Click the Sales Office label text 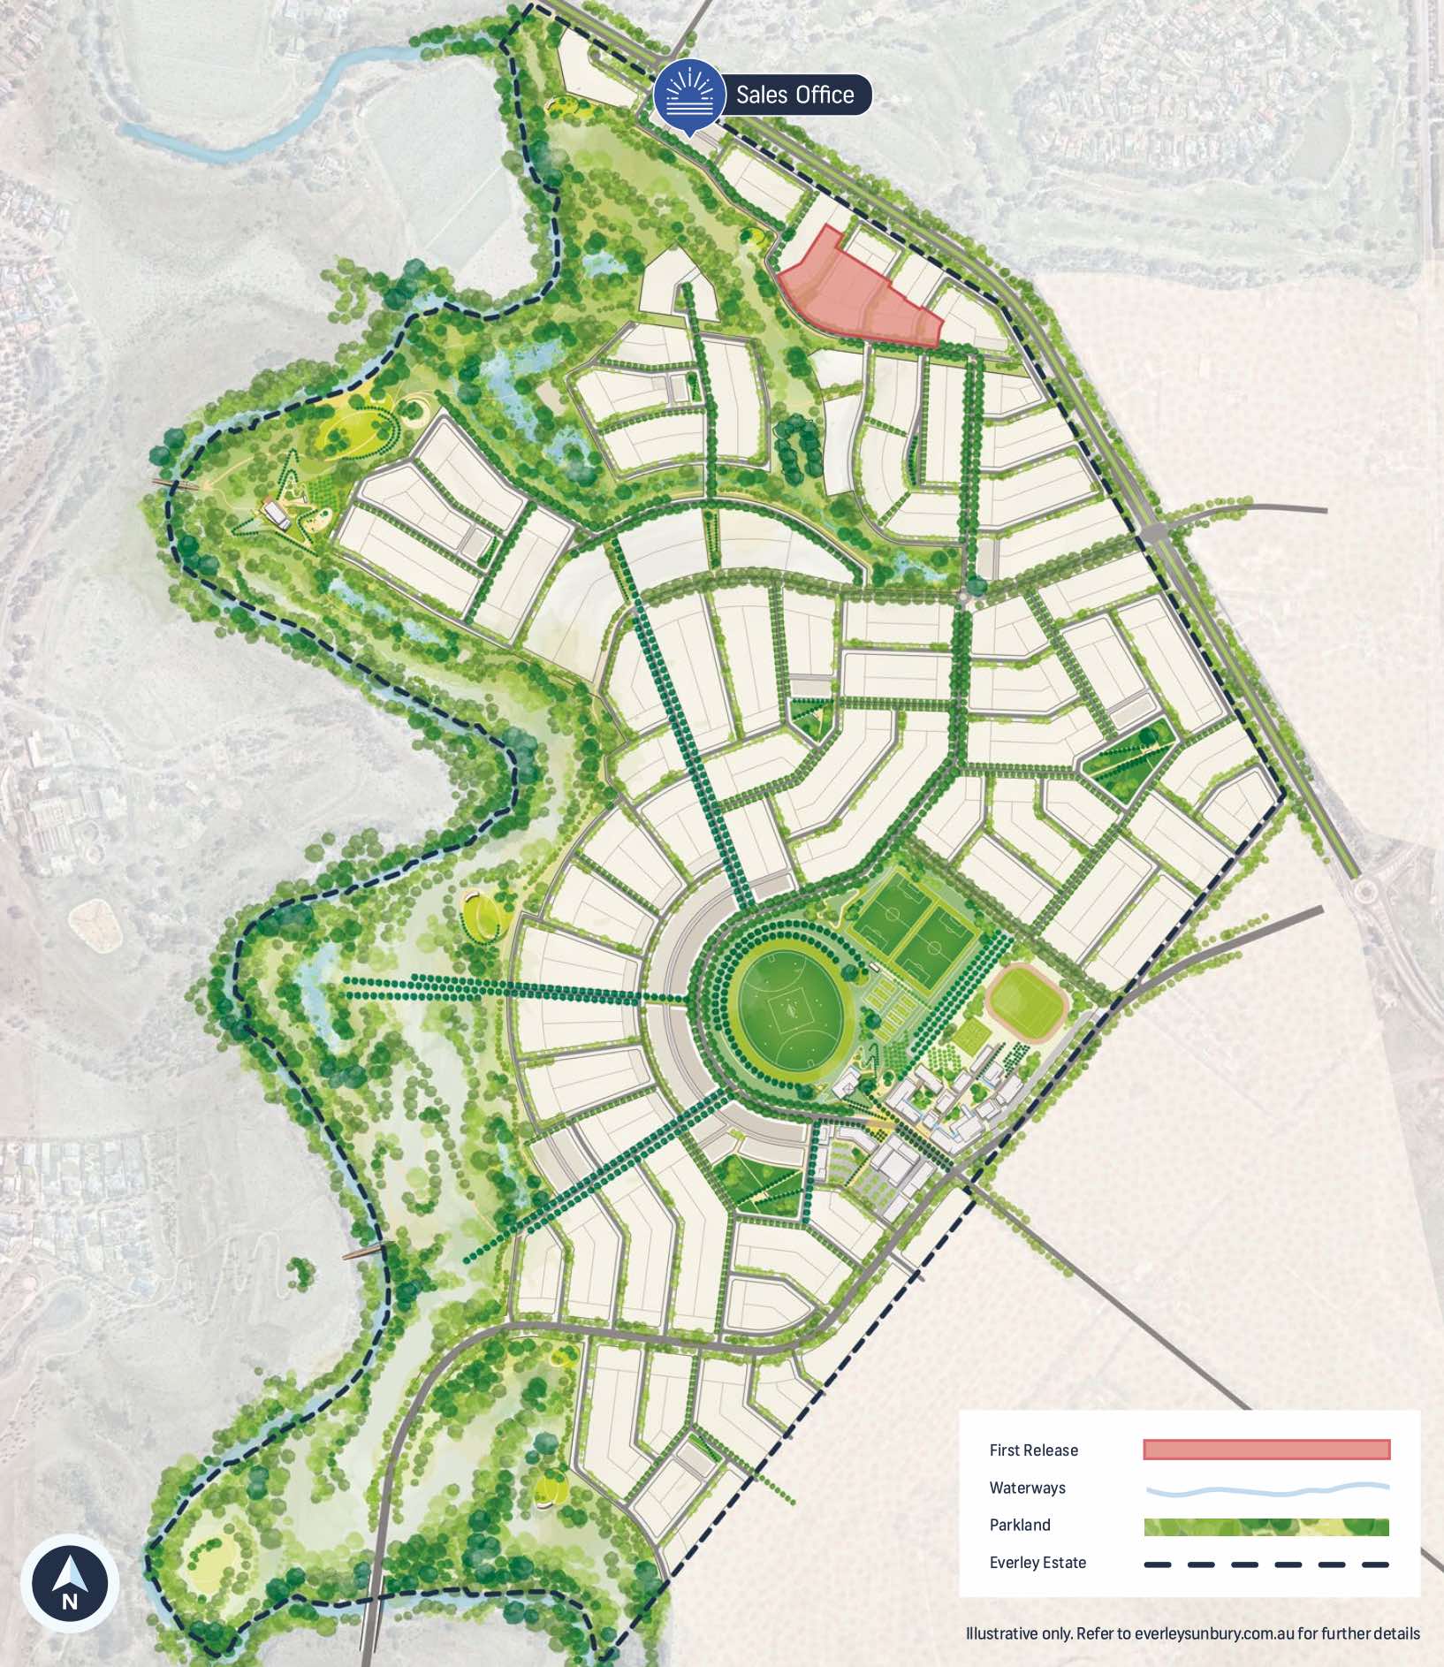click(x=794, y=95)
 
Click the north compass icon click(x=70, y=1583)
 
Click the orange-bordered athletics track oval click(x=1025, y=1001)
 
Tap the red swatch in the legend click(x=1265, y=1450)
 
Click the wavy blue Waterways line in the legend click(x=1265, y=1488)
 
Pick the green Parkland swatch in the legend click(x=1265, y=1526)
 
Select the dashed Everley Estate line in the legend click(x=1265, y=1564)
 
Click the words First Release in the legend click(x=1033, y=1450)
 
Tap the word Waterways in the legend click(x=1027, y=1488)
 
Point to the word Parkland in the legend click(x=1020, y=1526)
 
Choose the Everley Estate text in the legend click(x=1037, y=1563)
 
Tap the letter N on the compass click(x=70, y=1601)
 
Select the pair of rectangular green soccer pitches click(x=915, y=931)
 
